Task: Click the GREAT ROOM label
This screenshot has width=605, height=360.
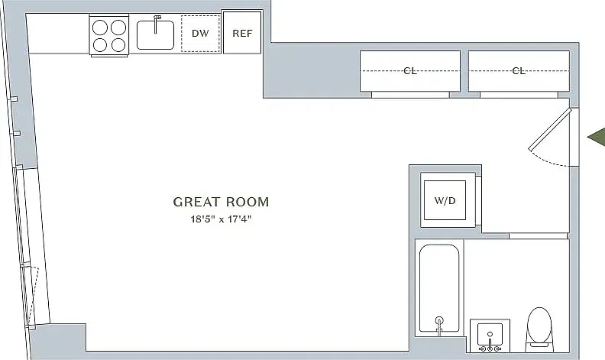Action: click(x=221, y=202)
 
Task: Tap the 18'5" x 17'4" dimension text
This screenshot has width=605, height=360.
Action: click(x=221, y=219)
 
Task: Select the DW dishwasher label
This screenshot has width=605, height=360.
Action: click(x=200, y=33)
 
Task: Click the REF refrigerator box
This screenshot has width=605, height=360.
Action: click(x=242, y=32)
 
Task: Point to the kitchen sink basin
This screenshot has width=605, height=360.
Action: click(x=155, y=35)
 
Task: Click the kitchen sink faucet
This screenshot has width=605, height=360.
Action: click(x=157, y=24)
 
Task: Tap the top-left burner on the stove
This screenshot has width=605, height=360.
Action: click(x=100, y=28)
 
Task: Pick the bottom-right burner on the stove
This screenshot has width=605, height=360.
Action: click(x=118, y=45)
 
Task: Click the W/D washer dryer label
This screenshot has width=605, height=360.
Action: click(x=445, y=200)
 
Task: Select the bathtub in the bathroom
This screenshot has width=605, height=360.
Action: click(x=439, y=288)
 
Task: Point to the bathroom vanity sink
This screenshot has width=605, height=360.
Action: click(x=490, y=336)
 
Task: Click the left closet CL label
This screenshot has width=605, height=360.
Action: click(x=409, y=70)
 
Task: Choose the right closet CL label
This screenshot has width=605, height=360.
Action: click(x=519, y=70)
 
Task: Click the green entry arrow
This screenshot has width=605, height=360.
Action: click(x=597, y=137)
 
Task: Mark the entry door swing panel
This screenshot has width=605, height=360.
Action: click(x=550, y=129)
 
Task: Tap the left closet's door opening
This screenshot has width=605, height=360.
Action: click(x=410, y=95)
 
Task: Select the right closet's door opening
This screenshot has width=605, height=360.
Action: click(x=519, y=95)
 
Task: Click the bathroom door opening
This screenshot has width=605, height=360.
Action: click(x=539, y=235)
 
